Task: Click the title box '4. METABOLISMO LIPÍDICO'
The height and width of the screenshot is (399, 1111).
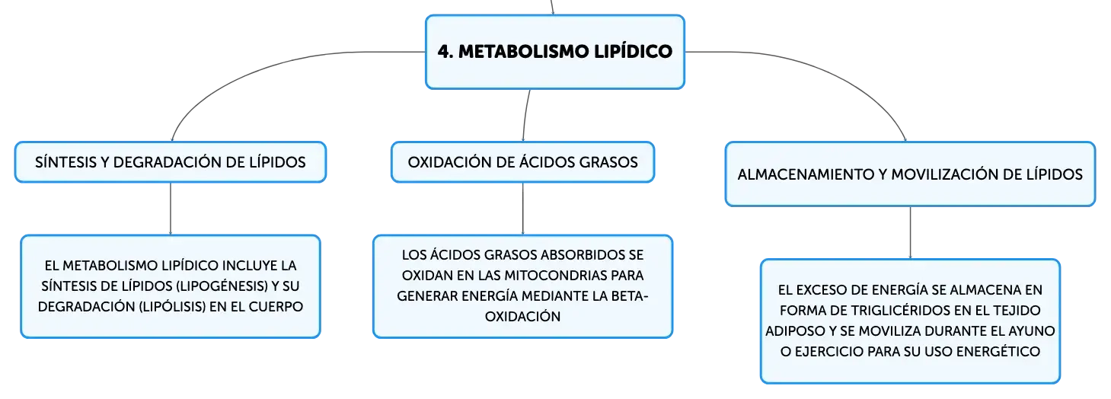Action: (555, 52)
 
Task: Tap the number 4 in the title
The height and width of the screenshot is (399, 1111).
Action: (444, 52)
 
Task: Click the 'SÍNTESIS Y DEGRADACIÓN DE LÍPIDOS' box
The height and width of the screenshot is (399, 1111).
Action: (170, 162)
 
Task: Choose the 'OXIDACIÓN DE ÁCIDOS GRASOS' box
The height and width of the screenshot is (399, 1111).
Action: (523, 162)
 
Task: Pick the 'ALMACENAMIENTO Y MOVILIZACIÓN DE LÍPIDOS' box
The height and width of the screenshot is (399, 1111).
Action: (910, 174)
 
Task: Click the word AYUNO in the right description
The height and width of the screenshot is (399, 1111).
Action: (1030, 331)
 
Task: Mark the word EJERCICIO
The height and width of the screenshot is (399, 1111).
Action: (833, 352)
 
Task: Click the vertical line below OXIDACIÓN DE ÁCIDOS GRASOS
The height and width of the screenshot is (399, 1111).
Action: (523, 209)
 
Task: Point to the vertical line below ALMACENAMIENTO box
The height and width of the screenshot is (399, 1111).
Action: (910, 232)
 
